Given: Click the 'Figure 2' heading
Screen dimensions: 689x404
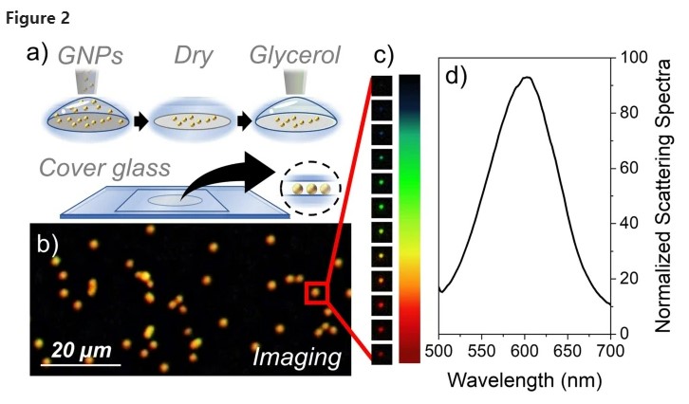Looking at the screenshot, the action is coord(38,19).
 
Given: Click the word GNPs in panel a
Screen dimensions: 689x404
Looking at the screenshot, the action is coord(90,56).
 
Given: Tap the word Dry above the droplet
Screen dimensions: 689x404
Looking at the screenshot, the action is coord(193,57).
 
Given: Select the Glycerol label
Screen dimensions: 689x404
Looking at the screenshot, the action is coord(295,56).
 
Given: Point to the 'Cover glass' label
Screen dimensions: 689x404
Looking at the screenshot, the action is coord(104,168).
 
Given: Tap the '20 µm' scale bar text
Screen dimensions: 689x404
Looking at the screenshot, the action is coord(82,351).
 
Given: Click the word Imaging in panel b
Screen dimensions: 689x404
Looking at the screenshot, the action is coord(297,357).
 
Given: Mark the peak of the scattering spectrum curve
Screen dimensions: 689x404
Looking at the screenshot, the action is coord(528,77).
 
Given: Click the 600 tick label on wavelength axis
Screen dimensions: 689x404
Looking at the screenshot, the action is coord(525,351).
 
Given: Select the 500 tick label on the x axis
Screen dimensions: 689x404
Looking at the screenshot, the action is coord(439,351).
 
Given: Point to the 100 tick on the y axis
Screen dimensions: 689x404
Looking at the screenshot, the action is coord(634,57).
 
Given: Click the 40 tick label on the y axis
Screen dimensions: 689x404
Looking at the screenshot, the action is coord(629,223).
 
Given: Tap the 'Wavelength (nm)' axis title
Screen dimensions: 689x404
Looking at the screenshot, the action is coord(524,379).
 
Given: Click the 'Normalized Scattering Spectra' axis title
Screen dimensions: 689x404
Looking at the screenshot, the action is coord(663,196).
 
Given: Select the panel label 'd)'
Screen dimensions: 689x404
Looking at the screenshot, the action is coord(456,77).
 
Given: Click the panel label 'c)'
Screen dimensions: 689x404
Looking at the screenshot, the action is coord(383,56).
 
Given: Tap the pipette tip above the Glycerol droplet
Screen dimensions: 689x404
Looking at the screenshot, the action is coord(295,82).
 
